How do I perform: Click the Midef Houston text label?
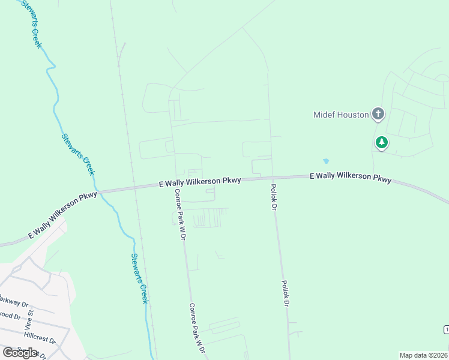click(341, 114)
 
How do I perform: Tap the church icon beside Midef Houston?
click(378, 113)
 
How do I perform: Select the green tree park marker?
click(381, 143)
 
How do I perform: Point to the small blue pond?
click(325, 161)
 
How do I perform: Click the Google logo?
click(20, 352)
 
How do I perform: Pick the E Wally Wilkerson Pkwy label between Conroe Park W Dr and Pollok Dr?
click(200, 182)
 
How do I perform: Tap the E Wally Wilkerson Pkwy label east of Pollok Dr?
click(351, 178)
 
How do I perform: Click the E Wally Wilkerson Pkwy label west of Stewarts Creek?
click(62, 215)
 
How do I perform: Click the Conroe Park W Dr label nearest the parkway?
click(179, 215)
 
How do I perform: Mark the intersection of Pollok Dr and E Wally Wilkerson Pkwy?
click(271, 178)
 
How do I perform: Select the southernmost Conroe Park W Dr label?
click(198, 329)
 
